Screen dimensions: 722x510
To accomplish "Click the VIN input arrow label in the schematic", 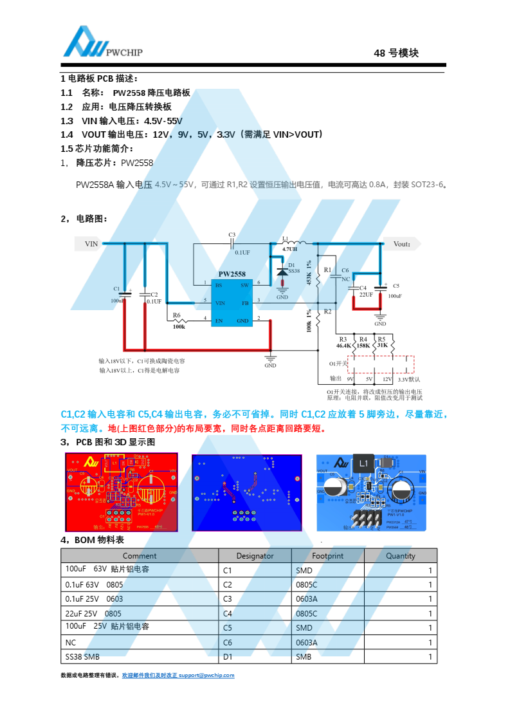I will click(x=91, y=244).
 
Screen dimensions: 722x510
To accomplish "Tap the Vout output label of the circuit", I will click(x=403, y=244).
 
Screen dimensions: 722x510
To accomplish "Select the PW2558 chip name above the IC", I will click(x=232, y=273).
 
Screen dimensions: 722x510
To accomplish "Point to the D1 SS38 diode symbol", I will click(x=282, y=272).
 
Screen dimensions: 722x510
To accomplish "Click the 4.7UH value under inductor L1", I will click(x=289, y=248).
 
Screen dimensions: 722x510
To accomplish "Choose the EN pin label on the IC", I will click(x=219, y=319).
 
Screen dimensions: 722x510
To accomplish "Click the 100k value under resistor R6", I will click(x=178, y=326).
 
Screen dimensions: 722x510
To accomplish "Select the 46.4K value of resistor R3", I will click(x=344, y=346).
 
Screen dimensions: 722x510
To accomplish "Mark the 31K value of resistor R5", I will click(x=382, y=346).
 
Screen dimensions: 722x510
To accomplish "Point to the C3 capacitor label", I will click(x=232, y=234).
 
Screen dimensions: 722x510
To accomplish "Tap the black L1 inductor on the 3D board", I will click(x=363, y=463).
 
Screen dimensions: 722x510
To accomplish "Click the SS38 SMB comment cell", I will click(x=83, y=657).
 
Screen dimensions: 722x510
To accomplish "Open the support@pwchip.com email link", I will click(x=206, y=676).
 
